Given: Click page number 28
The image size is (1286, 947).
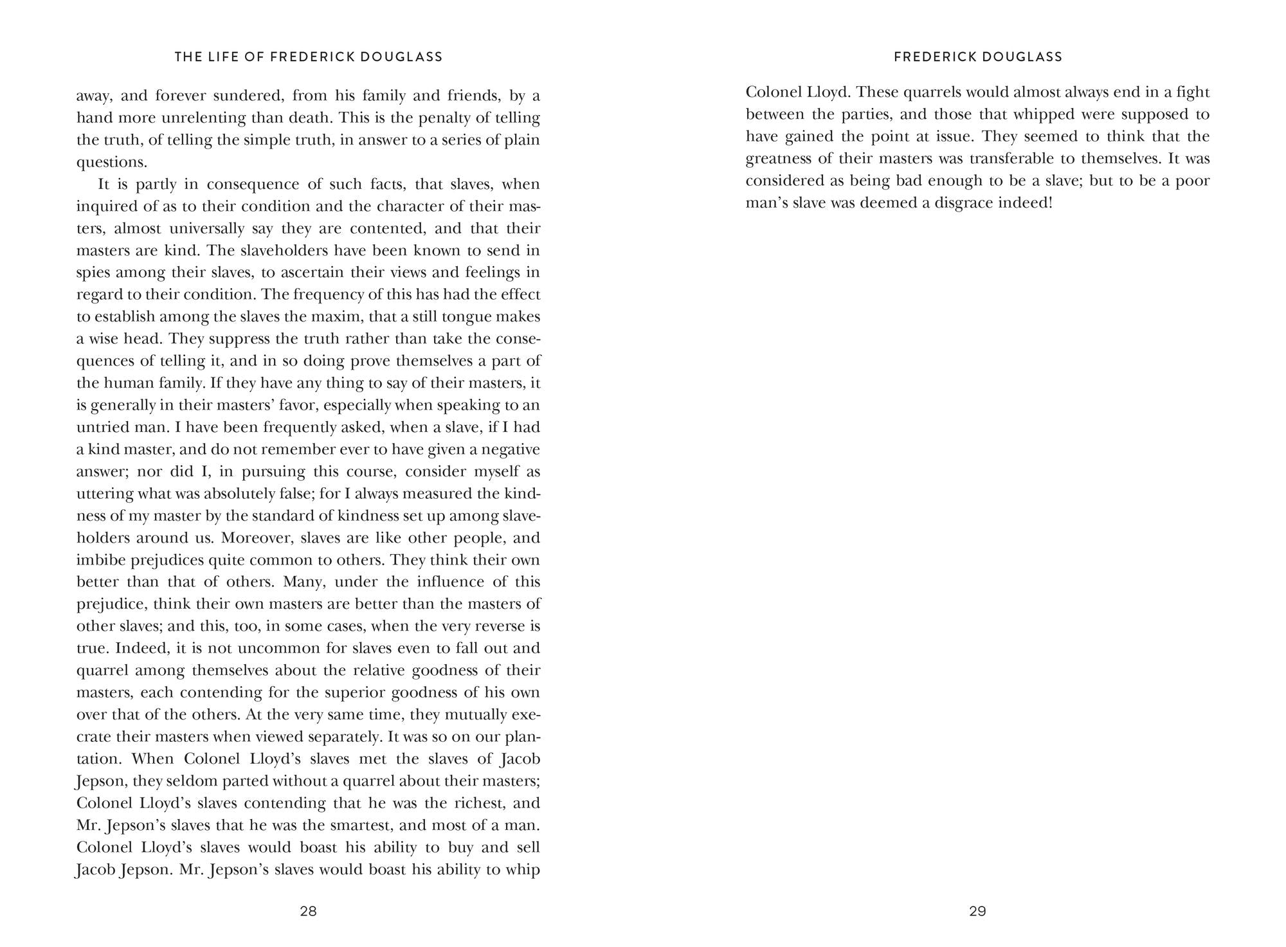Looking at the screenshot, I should tap(309, 911).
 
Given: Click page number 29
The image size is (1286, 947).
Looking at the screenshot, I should tap(977, 911).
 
